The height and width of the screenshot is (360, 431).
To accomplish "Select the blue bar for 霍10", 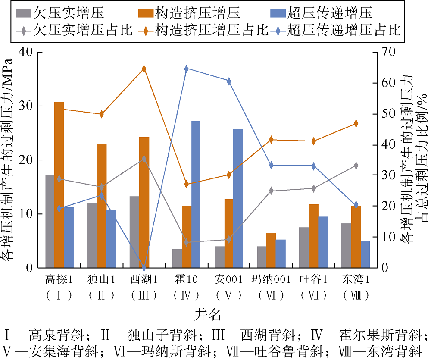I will [x=196, y=194].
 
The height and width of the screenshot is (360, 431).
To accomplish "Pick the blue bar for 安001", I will [x=238, y=198].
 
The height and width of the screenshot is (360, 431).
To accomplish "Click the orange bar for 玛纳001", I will [x=271, y=250].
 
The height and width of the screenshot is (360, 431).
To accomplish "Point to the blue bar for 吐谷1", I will [x=323, y=242].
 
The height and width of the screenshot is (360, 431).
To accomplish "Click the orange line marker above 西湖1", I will [x=144, y=69].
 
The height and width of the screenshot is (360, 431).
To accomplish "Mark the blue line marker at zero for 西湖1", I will [x=144, y=268].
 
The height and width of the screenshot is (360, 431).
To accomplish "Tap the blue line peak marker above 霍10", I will [x=186, y=69].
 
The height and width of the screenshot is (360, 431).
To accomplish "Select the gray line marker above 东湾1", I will [x=356, y=166].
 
